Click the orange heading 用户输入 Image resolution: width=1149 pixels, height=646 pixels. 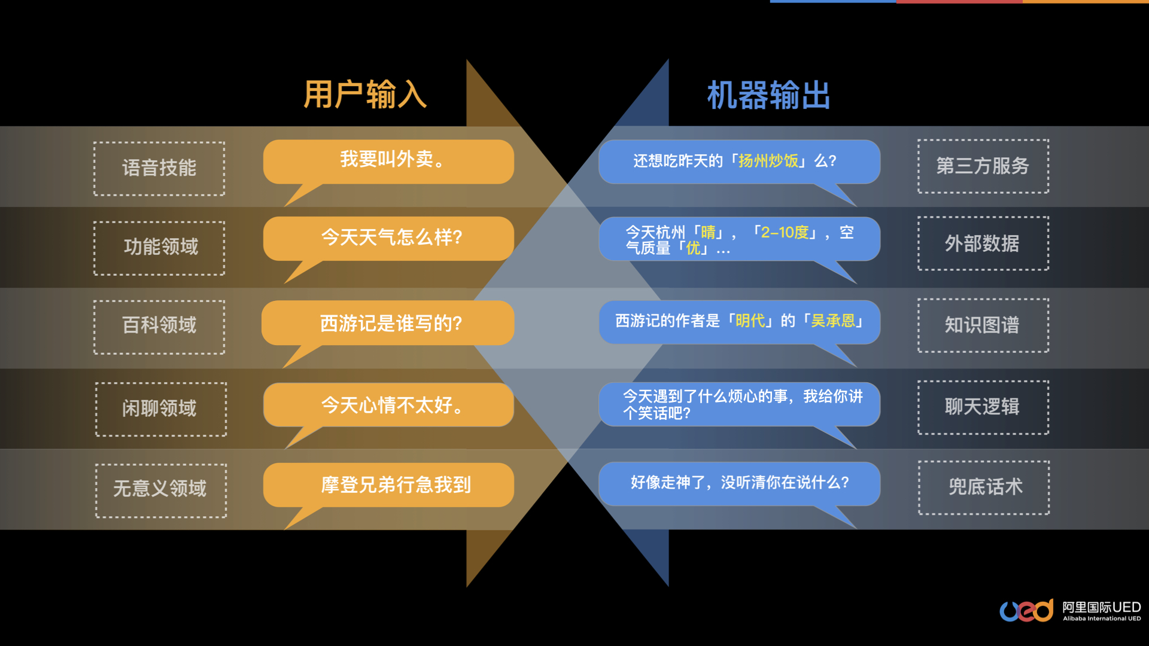pyautogui.click(x=365, y=95)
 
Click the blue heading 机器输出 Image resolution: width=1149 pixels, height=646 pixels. pyautogui.click(x=768, y=95)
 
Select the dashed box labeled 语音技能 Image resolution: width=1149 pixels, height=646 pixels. pyautogui.click(x=159, y=168)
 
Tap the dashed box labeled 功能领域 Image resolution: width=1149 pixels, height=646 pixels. pyautogui.click(x=159, y=248)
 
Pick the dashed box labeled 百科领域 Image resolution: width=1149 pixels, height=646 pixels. pyautogui.click(x=159, y=326)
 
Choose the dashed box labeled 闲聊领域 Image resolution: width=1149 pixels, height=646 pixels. pyautogui.click(x=160, y=409)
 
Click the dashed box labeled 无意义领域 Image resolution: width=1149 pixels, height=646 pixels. pyautogui.click(x=160, y=490)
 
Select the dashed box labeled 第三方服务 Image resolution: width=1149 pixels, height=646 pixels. pyautogui.click(x=983, y=166)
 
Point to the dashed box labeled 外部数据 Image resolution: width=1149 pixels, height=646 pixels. pyautogui.click(x=983, y=243)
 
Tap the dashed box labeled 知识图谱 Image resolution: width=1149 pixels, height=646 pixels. pyautogui.click(x=983, y=325)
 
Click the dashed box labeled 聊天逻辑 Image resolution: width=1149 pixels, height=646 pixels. pyautogui.click(x=983, y=407)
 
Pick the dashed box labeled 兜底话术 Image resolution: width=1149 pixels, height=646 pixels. pyautogui.click(x=984, y=487)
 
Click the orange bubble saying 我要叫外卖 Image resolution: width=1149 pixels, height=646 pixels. pyautogui.click(x=388, y=161)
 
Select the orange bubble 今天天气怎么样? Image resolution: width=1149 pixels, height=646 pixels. pyautogui.click(x=388, y=238)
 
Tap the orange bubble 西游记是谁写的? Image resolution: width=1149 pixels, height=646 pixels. pyautogui.click(x=388, y=323)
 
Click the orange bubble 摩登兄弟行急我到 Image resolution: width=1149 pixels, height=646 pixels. pyautogui.click(x=388, y=484)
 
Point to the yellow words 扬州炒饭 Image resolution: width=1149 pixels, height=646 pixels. pyautogui.click(x=768, y=161)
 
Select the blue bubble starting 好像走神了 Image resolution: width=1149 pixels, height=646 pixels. pyautogui.click(x=739, y=483)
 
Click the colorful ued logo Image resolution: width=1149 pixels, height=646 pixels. pyautogui.click(x=1026, y=611)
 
